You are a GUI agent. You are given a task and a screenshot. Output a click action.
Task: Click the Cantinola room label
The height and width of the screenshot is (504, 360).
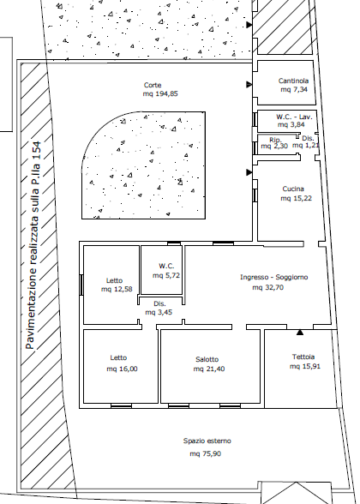coord(293,81)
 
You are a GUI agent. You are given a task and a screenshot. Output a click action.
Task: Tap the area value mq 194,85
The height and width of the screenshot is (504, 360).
coord(160,94)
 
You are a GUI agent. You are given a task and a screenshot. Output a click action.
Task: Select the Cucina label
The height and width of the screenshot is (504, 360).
coord(293,189)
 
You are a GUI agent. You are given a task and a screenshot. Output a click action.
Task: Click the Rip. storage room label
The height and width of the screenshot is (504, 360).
coord(275,140)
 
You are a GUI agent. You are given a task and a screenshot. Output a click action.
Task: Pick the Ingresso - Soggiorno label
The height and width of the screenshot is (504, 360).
coord(274,277)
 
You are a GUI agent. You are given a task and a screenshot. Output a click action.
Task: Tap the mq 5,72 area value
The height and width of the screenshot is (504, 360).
coord(166,275)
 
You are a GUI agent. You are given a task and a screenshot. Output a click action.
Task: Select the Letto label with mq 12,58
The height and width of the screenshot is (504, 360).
coord(115,280)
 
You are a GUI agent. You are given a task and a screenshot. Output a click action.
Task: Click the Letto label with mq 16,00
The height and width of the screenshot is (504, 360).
coord(118,357)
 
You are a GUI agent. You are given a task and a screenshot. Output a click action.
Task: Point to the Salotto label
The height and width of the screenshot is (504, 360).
coord(207,359)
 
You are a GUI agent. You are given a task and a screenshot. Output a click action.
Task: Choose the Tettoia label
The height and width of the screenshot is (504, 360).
coord(303,357)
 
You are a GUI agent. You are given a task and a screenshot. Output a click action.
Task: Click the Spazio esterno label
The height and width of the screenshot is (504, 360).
coord(207,441)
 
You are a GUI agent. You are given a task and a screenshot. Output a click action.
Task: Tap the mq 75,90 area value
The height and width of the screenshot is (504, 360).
coord(206,454)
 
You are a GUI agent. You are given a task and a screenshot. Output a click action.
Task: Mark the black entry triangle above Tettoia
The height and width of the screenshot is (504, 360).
coord(300,333)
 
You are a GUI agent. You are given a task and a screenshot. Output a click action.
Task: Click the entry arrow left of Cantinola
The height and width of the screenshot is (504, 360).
coord(249,85)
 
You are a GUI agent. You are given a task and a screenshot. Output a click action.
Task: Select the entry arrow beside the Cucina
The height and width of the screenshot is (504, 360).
coord(249,172)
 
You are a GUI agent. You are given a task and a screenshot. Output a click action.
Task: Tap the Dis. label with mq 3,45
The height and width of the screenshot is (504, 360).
coord(159,303)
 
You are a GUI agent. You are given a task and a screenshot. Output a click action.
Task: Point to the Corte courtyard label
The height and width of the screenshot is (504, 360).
coord(153,85)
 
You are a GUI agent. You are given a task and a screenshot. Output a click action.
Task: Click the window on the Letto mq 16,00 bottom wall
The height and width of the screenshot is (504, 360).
coord(121,406)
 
